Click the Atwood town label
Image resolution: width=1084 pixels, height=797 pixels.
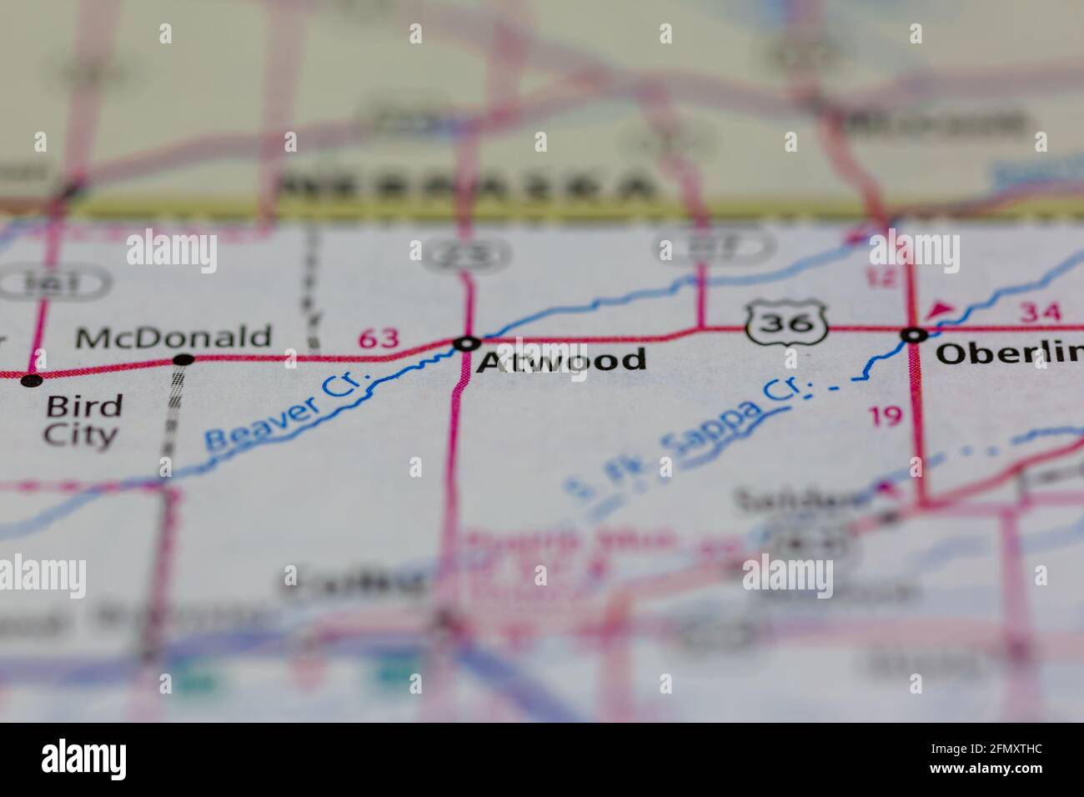(561, 360)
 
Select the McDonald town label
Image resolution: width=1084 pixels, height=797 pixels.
(173, 337)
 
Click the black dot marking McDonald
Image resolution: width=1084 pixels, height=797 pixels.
(183, 360)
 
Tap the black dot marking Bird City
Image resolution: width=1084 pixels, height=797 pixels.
(32, 380)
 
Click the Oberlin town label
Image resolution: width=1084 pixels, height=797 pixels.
(1009, 353)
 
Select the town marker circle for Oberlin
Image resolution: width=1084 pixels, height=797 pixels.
(915, 335)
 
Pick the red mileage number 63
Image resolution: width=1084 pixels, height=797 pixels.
(379, 338)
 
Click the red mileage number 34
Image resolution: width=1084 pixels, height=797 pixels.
(1041, 313)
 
